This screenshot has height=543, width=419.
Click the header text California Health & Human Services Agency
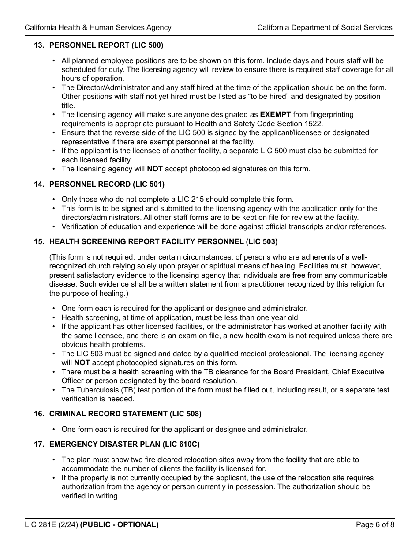click(x=98, y=27)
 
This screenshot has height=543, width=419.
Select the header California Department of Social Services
click(x=325, y=27)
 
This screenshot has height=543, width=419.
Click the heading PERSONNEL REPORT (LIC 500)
click(x=106, y=45)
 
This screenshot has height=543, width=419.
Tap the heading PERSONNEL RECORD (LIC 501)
click(x=107, y=184)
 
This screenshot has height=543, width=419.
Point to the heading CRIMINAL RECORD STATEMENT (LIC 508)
click(x=125, y=414)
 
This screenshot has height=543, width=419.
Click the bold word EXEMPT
click(x=275, y=115)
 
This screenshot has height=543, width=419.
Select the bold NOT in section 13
click(x=155, y=169)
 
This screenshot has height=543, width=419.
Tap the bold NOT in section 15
click(x=82, y=363)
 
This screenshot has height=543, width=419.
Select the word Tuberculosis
click(x=97, y=390)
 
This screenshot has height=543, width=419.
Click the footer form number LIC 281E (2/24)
click(x=51, y=524)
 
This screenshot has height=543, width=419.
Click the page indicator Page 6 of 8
click(x=375, y=524)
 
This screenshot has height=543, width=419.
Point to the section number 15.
click(x=38, y=241)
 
